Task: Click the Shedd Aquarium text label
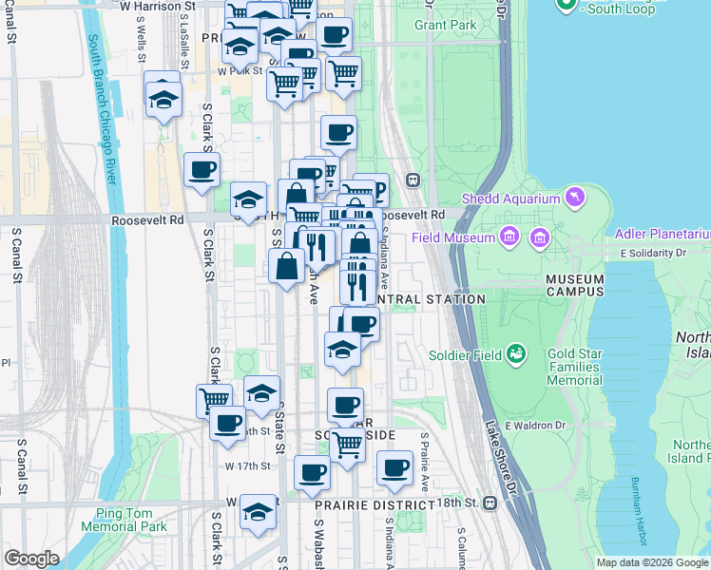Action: (511, 199)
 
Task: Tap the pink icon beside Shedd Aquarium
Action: (573, 198)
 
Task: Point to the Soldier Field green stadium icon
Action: (517, 354)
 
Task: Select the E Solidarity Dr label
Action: (653, 254)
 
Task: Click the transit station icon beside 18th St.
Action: (490, 502)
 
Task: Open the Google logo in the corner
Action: (31, 559)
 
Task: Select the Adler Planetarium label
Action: (663, 233)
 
